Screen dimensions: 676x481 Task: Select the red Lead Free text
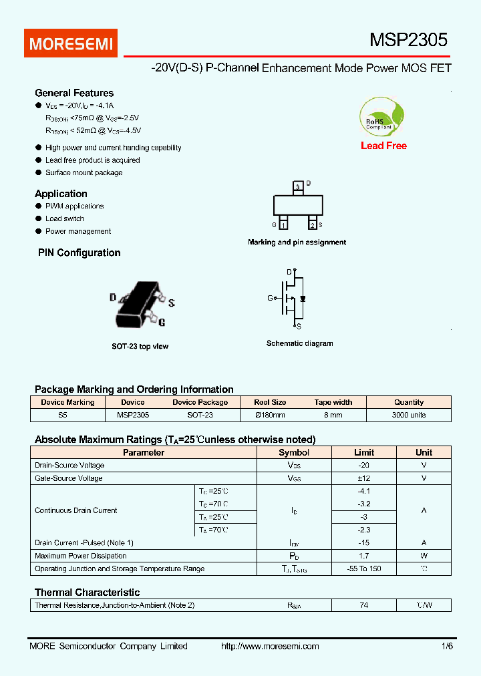[x=383, y=146]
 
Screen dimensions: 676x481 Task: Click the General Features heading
[x=74, y=93]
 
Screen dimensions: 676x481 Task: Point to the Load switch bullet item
[x=64, y=218]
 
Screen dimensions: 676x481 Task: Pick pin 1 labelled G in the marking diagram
[x=283, y=225]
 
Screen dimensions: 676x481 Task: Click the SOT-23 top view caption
[x=140, y=347]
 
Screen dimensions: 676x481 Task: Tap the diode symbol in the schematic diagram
[x=303, y=298]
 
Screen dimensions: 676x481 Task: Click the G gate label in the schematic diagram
[x=271, y=298]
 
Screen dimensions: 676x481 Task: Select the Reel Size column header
[x=270, y=402]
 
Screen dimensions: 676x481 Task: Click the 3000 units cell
[x=408, y=415]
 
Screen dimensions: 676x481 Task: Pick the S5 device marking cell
[x=63, y=415]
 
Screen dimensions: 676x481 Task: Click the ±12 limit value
[x=363, y=478]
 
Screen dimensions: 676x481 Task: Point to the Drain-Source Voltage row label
[x=69, y=465]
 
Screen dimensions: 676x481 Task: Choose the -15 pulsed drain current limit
[x=363, y=542]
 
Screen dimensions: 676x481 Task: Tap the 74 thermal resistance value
[x=363, y=605]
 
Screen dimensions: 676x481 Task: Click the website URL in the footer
[x=270, y=646]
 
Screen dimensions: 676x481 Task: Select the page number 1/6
[x=446, y=646]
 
